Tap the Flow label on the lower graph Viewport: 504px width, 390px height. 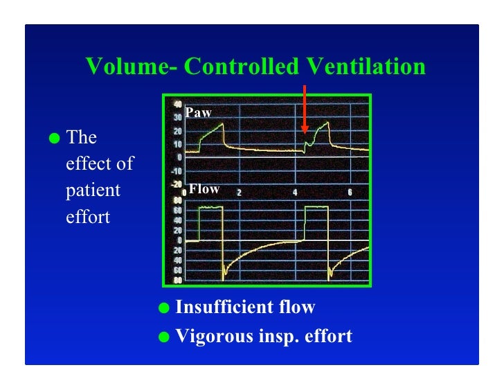[x=204, y=188]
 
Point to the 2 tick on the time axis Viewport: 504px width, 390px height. [x=240, y=192]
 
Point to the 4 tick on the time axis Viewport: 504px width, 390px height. [x=295, y=192]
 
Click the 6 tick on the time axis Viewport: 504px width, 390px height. [x=350, y=192]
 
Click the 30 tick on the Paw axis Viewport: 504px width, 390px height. [x=178, y=118]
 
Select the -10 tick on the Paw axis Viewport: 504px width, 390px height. [x=177, y=170]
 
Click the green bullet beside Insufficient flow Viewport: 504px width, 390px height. [x=164, y=307]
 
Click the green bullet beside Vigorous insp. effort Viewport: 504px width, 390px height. [x=164, y=337]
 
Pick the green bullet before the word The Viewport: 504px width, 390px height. [x=55, y=138]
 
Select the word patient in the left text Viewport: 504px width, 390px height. [x=89, y=190]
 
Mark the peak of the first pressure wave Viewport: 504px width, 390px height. [x=223, y=123]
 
